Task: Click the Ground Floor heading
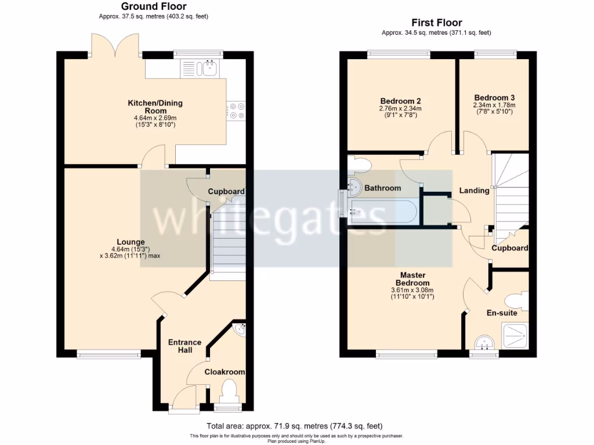pyautogui.click(x=153, y=6)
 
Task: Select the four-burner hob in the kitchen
pyautogui.click(x=236, y=111)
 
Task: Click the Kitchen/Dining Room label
pyautogui.click(x=155, y=107)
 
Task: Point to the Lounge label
pyautogui.click(x=131, y=242)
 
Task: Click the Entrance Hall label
pyautogui.click(x=184, y=346)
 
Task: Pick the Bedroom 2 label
pyautogui.click(x=400, y=100)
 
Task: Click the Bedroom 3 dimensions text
pyautogui.click(x=494, y=108)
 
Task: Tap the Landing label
pyautogui.click(x=474, y=191)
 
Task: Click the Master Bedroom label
pyautogui.click(x=412, y=279)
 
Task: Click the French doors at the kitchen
pyautogui.click(x=115, y=46)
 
